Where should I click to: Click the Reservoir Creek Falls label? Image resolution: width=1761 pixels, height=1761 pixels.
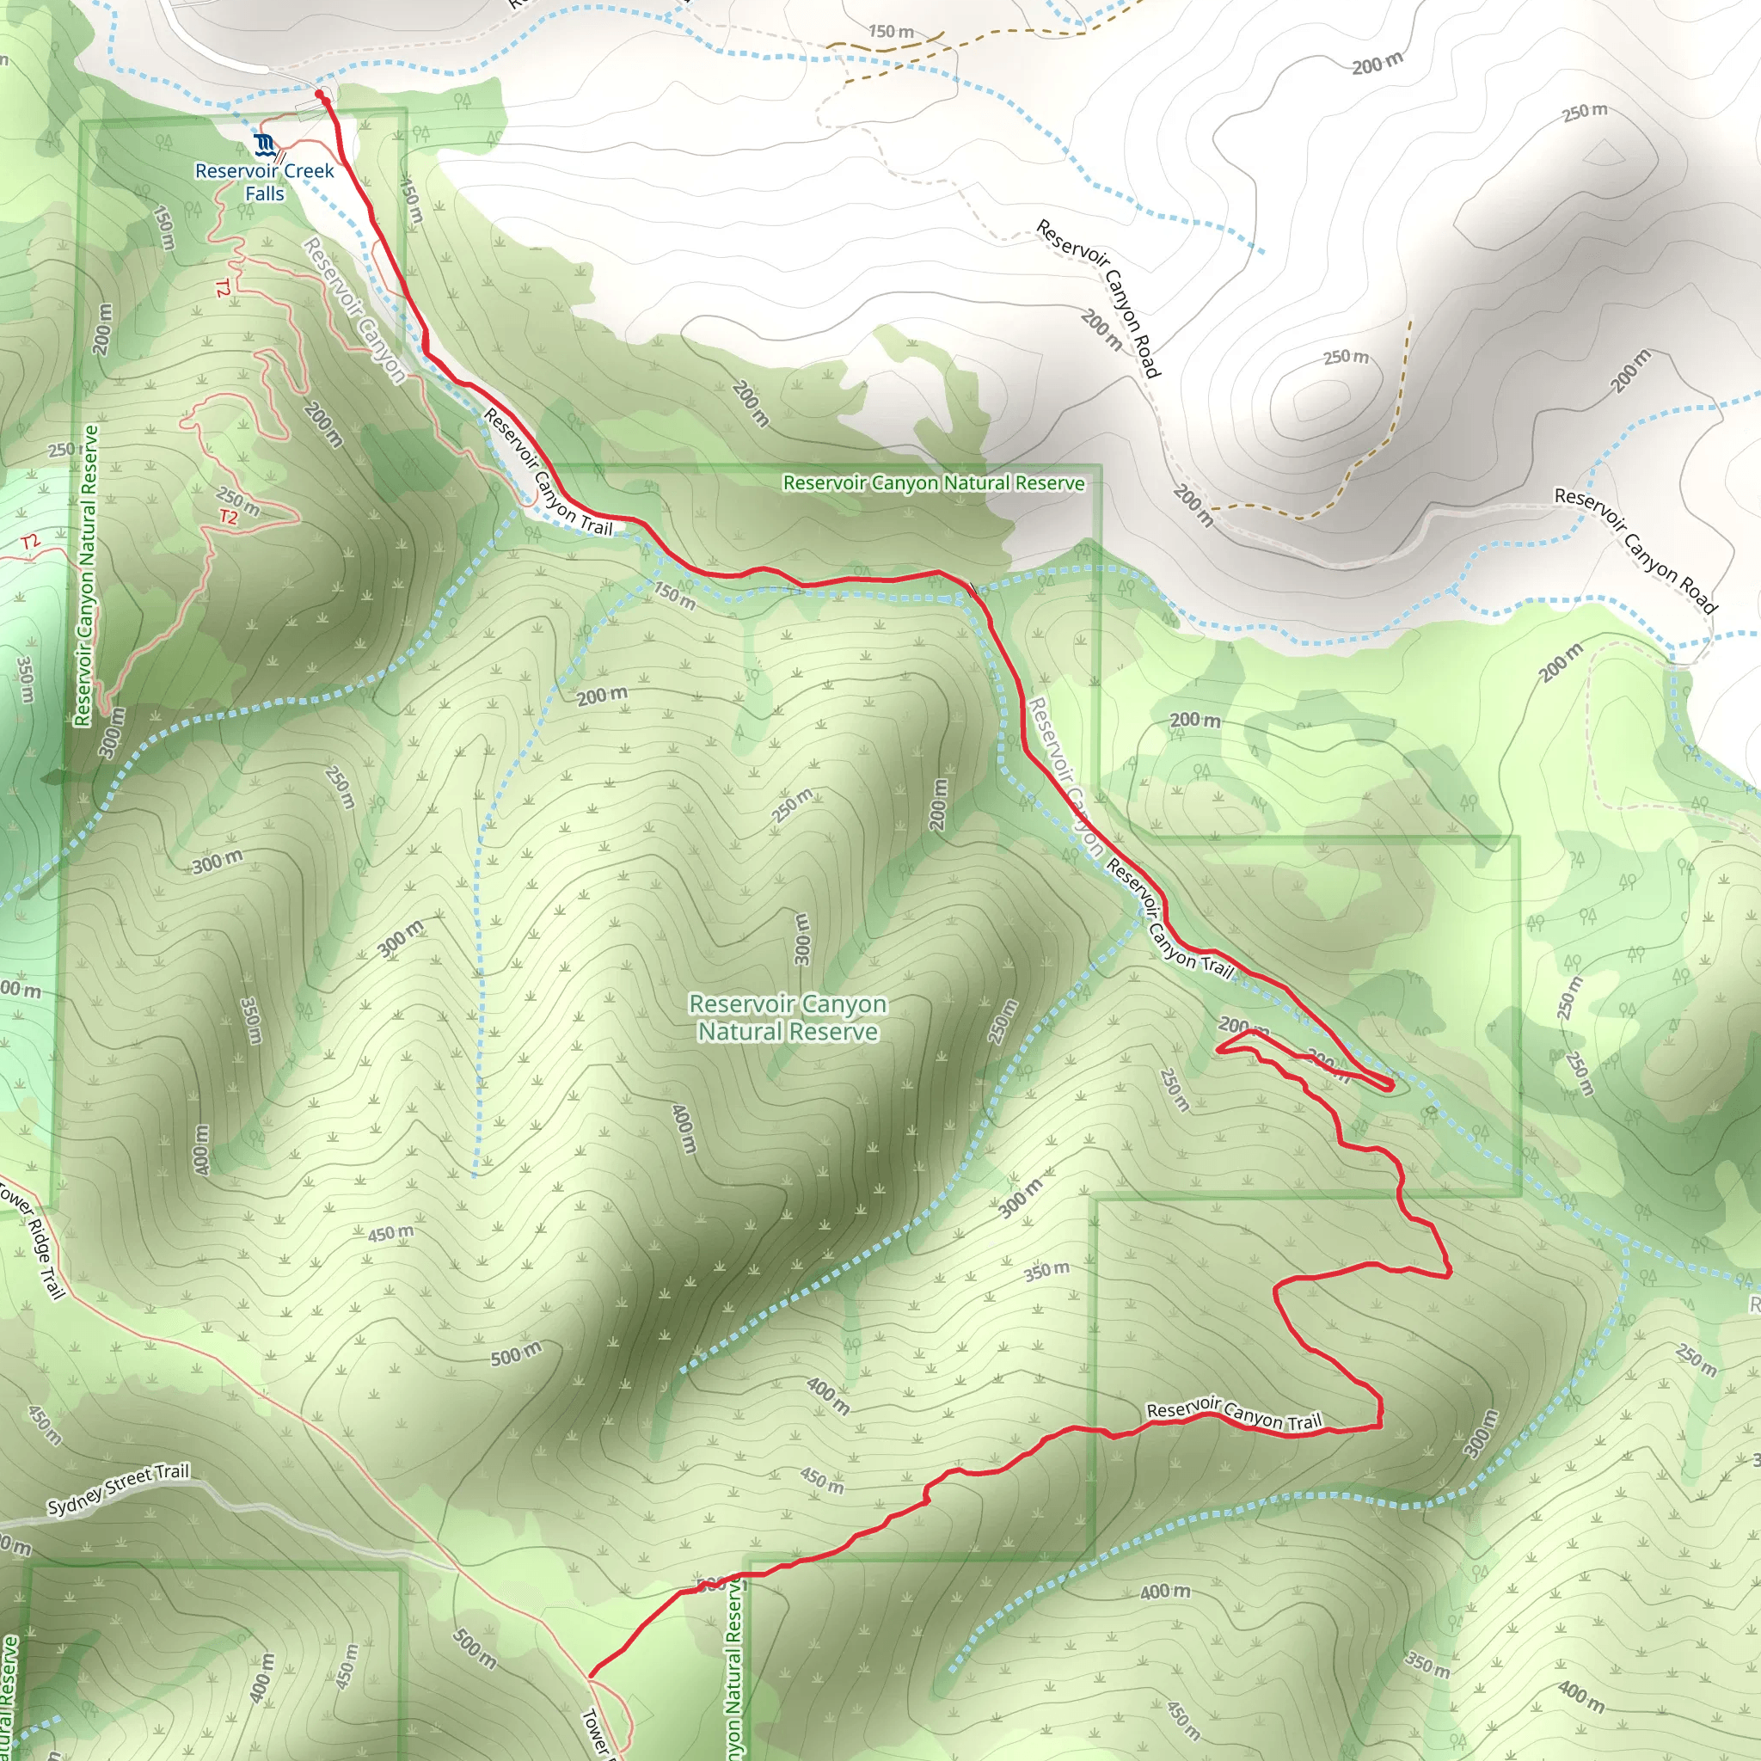click(x=264, y=182)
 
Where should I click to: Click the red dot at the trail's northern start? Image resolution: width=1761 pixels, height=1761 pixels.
click(x=319, y=94)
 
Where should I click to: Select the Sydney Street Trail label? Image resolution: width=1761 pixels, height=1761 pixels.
click(x=119, y=1488)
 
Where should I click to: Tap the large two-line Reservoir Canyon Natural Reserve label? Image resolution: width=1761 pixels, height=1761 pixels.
click(x=788, y=1017)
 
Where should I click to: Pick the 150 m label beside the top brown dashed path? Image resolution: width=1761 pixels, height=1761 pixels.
click(x=891, y=32)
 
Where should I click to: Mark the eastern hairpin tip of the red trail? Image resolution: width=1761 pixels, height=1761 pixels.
click(x=1391, y=1083)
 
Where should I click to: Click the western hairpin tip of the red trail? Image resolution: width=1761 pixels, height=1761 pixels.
click(x=1218, y=1050)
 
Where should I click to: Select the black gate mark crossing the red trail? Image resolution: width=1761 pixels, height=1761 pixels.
click(x=973, y=590)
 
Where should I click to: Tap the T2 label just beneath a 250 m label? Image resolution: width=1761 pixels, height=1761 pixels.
click(x=228, y=518)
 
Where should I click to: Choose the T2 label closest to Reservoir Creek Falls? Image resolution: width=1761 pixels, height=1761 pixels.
click(x=223, y=288)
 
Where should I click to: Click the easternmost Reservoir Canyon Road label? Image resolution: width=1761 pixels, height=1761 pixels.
click(x=1635, y=549)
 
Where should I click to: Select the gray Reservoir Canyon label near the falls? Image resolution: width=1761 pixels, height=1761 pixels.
click(x=354, y=310)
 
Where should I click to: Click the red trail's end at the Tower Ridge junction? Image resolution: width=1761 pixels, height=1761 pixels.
click(x=592, y=1674)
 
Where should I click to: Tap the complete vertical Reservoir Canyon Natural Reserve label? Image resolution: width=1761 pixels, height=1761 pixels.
click(x=85, y=576)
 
